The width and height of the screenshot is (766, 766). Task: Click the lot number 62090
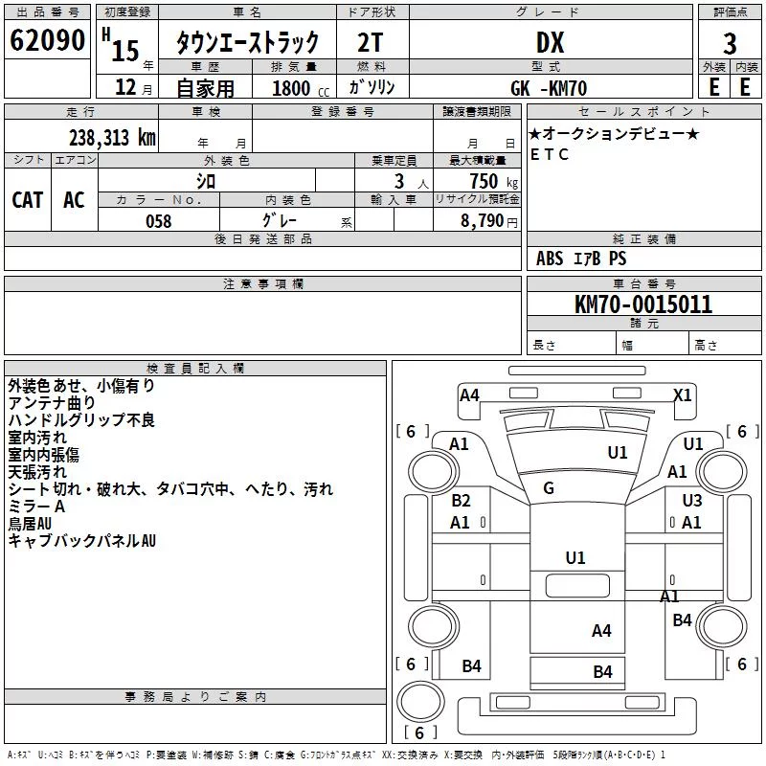coord(47,40)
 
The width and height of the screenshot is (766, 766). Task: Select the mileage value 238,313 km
coord(112,138)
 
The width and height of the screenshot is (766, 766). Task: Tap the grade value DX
coord(550,42)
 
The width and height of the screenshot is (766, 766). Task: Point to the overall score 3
coord(730,44)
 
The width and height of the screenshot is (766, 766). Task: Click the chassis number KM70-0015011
coord(643,304)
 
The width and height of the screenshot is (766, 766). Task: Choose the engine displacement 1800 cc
coord(301,88)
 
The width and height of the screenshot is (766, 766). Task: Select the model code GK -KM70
coord(549,88)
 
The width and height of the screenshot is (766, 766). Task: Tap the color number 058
coord(159,221)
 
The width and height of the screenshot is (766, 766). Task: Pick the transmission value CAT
coord(28,200)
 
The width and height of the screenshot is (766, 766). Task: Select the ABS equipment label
coord(550,259)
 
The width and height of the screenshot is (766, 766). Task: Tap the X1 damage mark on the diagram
coord(683,394)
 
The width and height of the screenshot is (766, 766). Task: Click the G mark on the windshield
coord(549,487)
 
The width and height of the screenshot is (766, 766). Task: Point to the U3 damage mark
coord(692,500)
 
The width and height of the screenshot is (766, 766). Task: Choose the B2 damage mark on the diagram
coord(461,500)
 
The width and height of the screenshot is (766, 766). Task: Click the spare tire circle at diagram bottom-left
coord(421,702)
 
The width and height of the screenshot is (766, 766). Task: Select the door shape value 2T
coord(371,42)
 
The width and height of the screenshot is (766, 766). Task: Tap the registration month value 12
coord(125,87)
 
